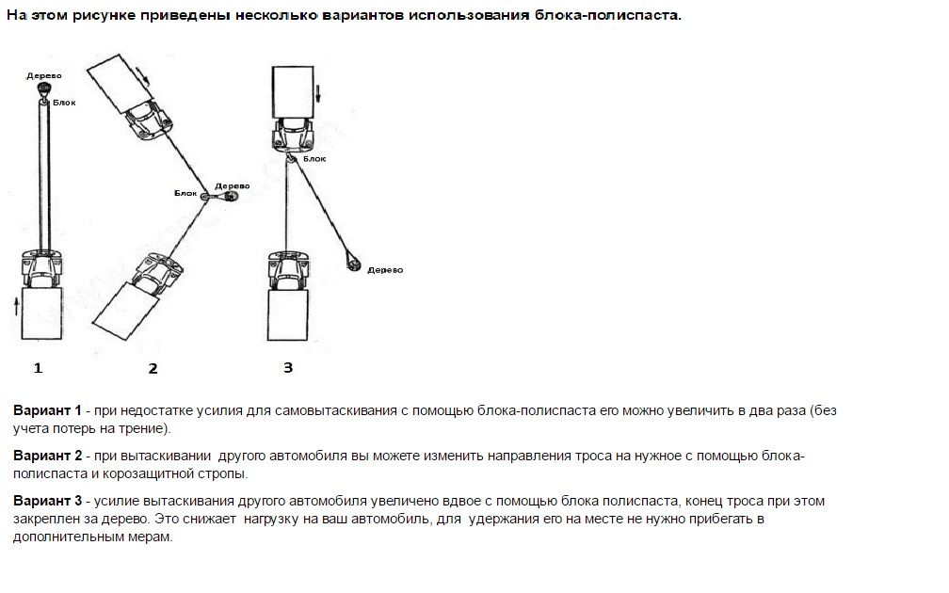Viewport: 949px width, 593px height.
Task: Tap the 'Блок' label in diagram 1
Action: [63, 102]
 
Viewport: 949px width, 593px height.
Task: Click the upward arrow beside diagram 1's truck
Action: [17, 306]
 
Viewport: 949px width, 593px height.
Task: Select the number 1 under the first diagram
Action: [38, 368]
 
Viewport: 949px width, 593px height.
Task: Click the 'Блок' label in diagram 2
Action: [185, 192]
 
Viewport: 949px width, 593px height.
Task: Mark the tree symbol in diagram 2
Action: [230, 196]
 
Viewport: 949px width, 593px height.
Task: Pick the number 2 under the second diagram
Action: [153, 369]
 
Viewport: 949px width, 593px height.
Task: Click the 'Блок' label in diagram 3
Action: [315, 159]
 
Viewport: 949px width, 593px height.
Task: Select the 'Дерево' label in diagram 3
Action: [385, 269]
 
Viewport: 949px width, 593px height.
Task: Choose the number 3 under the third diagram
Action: [288, 367]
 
